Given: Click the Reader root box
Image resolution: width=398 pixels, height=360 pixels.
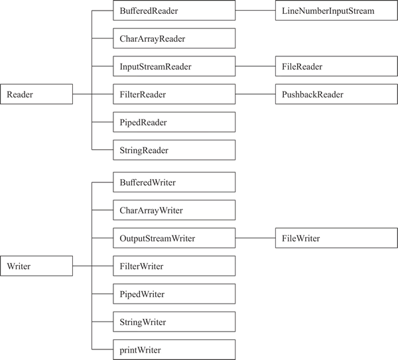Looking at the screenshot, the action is pos(36,94).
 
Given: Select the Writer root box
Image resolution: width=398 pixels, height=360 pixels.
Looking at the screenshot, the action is pos(36,266).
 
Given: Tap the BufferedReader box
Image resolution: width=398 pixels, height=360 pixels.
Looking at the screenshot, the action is pos(174,11).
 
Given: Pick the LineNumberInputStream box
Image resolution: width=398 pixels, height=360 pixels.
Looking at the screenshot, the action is pos(336,11).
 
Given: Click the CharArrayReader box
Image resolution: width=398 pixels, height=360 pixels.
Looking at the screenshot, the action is pos(174,38).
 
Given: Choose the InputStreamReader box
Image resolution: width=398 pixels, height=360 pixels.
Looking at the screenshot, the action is pos(174,66).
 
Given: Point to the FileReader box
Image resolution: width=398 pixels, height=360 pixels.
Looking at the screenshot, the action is pos(336,66).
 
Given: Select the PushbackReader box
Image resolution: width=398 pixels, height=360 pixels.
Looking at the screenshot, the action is pos(336,94).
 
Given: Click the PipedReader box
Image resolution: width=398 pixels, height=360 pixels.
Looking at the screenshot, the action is pos(174,122).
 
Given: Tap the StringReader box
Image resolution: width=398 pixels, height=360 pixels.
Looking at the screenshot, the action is pos(174,150).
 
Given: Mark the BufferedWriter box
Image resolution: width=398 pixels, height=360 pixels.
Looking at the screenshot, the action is pos(174,182).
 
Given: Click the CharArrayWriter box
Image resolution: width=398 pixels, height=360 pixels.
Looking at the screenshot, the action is pos(174,210).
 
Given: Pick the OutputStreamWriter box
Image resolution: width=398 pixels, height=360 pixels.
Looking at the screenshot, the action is pos(174,238).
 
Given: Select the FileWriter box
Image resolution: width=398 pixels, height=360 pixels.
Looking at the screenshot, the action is pos(336,238).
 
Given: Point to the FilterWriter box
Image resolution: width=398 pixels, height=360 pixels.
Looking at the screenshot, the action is pos(174,266).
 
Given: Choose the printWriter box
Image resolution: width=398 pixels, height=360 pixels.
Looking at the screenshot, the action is pos(174,349).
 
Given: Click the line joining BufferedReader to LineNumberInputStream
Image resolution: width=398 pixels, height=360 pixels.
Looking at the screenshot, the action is pos(255,11).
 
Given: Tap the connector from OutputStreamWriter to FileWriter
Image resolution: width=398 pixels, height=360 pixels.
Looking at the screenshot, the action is pos(255,238).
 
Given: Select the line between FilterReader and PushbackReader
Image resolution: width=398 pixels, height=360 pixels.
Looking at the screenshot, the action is pos(255,94).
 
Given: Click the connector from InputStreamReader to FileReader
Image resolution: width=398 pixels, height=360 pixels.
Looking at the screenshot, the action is pos(255,66).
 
